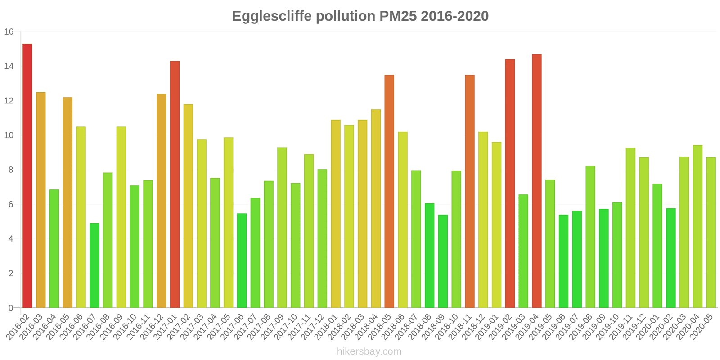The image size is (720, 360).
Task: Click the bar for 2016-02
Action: [27, 175]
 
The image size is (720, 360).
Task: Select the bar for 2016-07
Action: [94, 265]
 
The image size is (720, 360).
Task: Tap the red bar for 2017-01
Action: [175, 184]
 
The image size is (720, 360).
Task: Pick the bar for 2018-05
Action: [389, 191]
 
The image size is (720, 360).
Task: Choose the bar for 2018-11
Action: [469, 191]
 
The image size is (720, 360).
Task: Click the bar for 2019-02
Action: [510, 184]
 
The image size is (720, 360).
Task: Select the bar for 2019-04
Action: [536, 181]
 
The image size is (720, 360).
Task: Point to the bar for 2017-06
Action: [242, 261]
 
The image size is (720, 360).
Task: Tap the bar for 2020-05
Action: [711, 233]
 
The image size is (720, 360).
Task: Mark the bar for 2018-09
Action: [443, 261]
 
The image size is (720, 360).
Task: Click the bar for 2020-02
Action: [670, 258]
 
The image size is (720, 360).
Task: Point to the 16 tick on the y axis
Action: [9, 32]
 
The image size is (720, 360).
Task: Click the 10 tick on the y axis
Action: [9, 135]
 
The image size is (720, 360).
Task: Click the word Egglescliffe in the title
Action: [271, 16]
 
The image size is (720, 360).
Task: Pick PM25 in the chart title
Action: [398, 16]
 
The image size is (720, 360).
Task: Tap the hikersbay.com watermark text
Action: [369, 351]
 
